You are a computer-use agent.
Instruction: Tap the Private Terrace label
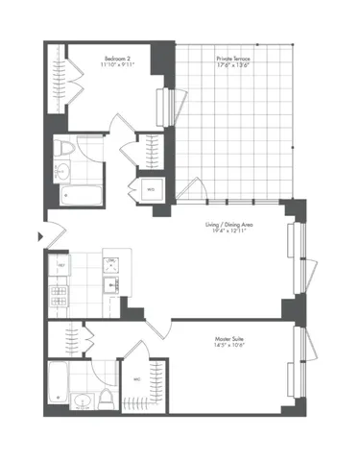[x=234, y=58]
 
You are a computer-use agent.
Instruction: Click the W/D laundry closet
[x=151, y=190]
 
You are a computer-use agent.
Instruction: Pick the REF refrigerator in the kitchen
[x=60, y=263]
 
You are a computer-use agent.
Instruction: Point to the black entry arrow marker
[x=39, y=234]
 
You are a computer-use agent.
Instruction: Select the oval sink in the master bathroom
[x=84, y=401]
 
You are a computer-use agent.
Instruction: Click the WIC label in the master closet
[x=137, y=379]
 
